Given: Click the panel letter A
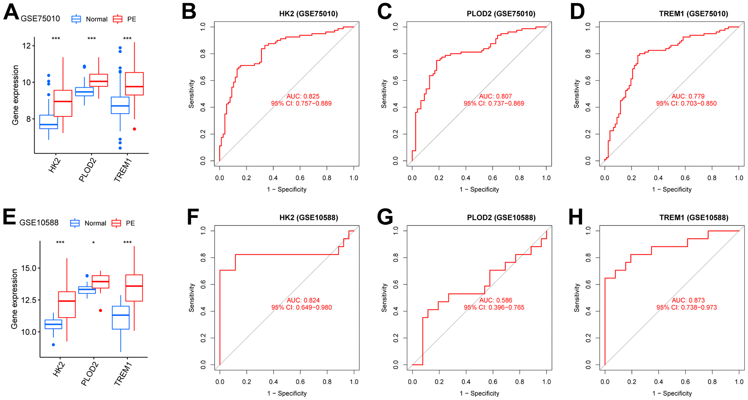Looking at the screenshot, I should click(x=11, y=12).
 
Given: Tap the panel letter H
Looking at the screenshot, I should click(x=576, y=217).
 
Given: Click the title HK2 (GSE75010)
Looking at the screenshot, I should click(x=308, y=14).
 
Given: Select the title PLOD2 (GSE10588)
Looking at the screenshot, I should click(x=501, y=217).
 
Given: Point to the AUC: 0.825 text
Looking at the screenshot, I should click(x=303, y=96).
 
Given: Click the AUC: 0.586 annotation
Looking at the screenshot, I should click(x=496, y=300).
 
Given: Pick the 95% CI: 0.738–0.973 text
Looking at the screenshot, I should click(x=686, y=307).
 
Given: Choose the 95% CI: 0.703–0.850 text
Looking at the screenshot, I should click(x=686, y=103).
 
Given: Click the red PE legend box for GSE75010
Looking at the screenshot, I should click(x=118, y=19).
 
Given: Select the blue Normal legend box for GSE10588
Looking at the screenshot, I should click(x=75, y=223).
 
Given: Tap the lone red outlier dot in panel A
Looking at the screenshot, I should click(x=134, y=129).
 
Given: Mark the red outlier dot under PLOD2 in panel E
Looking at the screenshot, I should click(x=100, y=311).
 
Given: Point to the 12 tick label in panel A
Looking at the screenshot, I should click(x=26, y=46).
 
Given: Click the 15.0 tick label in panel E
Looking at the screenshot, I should click(x=29, y=268).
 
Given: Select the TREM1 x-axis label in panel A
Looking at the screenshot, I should click(x=123, y=170).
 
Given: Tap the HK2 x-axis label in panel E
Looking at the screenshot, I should click(x=59, y=370).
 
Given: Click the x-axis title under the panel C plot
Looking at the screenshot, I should click(x=479, y=189).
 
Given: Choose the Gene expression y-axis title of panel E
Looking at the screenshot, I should click(x=14, y=299).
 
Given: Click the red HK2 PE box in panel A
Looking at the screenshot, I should click(x=63, y=103).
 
